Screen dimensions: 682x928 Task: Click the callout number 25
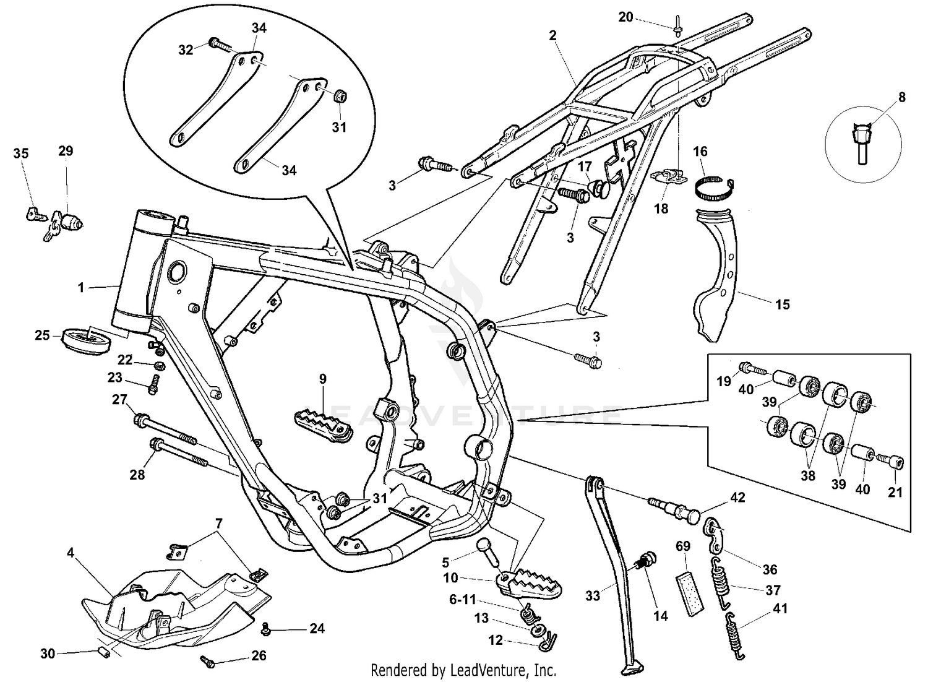pos(41,335)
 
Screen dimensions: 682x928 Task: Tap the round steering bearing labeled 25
pos(86,339)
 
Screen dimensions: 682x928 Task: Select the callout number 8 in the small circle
pos(901,97)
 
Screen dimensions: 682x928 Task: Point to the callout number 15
pos(782,304)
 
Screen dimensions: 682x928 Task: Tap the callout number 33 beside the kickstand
pos(593,596)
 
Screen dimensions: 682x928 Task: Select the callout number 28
pos(137,475)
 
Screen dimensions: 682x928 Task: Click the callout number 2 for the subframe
pos(552,35)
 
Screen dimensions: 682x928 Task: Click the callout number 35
pos(21,153)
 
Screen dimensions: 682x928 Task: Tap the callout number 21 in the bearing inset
pos(895,493)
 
